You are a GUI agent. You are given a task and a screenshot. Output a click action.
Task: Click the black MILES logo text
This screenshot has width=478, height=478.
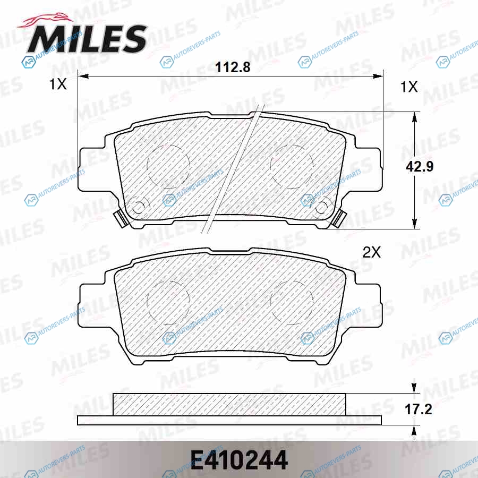tap(88, 39)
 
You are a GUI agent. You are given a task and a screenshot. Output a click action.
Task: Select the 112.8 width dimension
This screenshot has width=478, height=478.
tap(233, 67)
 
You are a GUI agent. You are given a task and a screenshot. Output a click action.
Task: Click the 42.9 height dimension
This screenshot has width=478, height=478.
tap(420, 166)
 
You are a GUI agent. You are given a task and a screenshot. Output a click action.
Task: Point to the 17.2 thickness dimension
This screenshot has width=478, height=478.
tap(419, 409)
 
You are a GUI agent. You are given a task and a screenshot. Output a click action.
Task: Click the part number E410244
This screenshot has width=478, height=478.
tap(240, 460)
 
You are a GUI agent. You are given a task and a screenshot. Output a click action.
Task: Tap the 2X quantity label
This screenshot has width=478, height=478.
tap(372, 252)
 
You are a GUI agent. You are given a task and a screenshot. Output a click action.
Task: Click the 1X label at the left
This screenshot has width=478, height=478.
tap(58, 84)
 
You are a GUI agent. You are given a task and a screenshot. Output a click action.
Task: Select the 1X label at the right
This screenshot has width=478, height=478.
tap(409, 87)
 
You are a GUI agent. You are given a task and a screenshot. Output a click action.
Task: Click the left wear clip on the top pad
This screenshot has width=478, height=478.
tap(121, 218)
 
